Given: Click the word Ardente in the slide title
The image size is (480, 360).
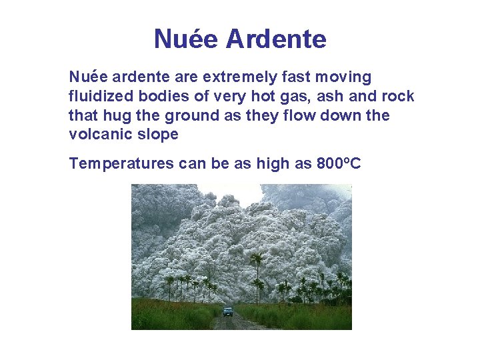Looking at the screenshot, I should tap(276, 39).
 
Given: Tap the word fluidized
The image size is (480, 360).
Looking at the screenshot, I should tap(97, 97).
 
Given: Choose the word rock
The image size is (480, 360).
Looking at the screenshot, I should tap(398, 97).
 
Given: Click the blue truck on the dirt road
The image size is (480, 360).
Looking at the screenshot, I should tap(228, 311).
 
